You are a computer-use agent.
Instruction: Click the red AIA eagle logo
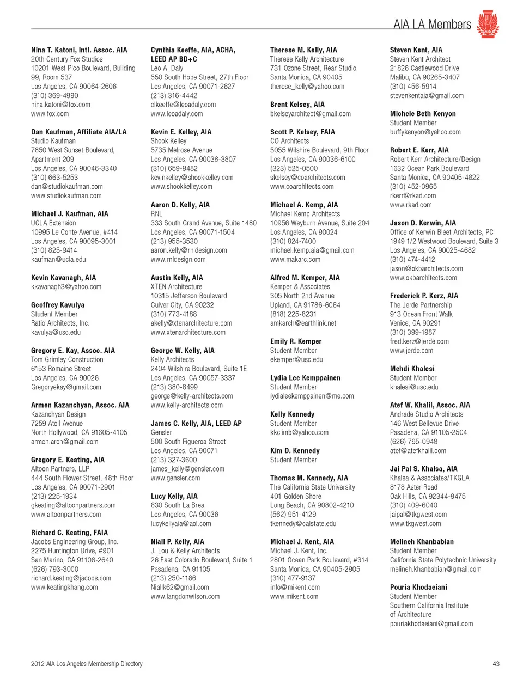click(x=488, y=24)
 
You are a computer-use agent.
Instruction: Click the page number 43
click(x=496, y=664)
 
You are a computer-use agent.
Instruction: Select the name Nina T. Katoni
click(x=79, y=50)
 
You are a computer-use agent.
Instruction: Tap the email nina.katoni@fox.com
click(x=60, y=105)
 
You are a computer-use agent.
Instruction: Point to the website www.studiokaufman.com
click(x=66, y=195)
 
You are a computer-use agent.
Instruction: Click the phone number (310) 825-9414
click(x=54, y=250)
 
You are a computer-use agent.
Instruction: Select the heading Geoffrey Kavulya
click(x=58, y=305)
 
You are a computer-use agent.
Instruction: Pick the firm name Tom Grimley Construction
click(x=67, y=359)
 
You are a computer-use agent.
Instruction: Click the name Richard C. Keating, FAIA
click(x=69, y=533)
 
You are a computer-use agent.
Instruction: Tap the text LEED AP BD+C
click(x=174, y=59)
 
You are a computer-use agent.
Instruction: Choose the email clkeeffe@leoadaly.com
click(x=183, y=105)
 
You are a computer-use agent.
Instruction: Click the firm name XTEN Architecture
click(x=177, y=286)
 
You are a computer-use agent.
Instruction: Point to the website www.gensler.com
click(x=175, y=478)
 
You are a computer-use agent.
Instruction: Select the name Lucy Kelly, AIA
click(x=174, y=496)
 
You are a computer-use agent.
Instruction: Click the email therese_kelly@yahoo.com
click(x=307, y=87)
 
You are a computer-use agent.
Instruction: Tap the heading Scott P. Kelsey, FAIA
click(x=302, y=132)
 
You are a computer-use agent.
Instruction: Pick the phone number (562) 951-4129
click(x=293, y=515)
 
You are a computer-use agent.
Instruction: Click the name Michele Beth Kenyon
click(x=423, y=114)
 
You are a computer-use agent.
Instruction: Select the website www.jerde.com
click(x=411, y=351)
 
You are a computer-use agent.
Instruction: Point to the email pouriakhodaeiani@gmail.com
click(x=431, y=623)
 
